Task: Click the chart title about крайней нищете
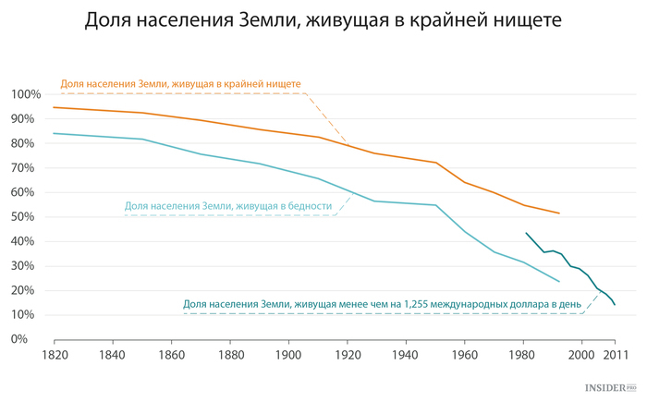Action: (323, 20)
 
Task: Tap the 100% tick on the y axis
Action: (25, 94)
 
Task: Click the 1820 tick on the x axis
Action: (54, 354)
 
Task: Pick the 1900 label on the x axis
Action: (289, 354)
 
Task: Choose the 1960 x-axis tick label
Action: (465, 354)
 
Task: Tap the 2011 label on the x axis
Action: (614, 354)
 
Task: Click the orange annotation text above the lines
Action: (181, 83)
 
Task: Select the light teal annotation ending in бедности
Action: (228, 206)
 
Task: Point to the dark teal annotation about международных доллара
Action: (382, 303)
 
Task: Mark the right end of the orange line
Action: (559, 213)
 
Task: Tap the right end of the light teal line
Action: (559, 281)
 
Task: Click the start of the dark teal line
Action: (526, 233)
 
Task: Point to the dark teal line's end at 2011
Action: (615, 304)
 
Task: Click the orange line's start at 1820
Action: (54, 107)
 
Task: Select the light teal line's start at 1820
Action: (54, 133)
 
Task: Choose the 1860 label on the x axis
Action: (172, 354)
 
